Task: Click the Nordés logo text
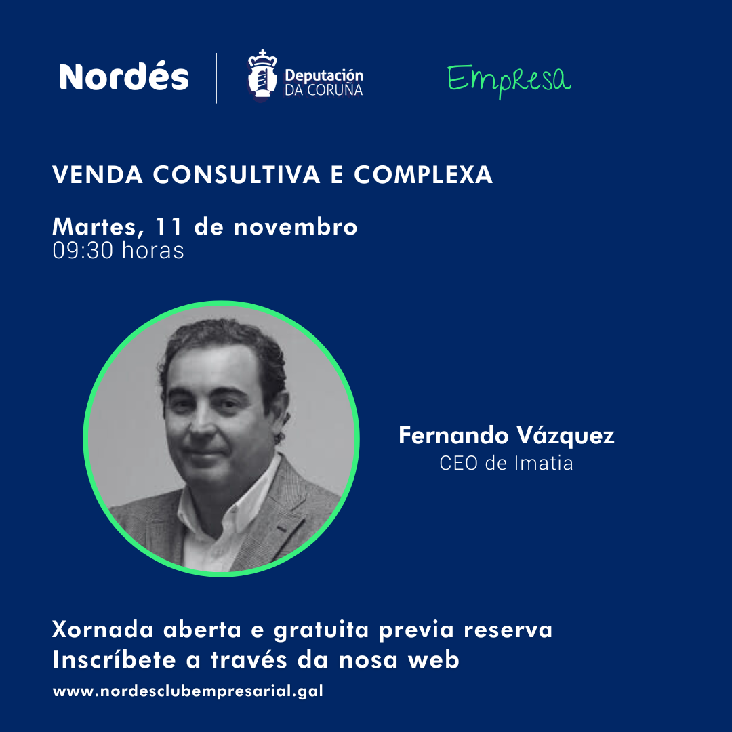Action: (x=124, y=77)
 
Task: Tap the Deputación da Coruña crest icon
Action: (x=263, y=75)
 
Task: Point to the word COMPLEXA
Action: (x=423, y=176)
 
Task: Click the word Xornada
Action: (x=104, y=630)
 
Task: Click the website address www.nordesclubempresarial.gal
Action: (x=188, y=692)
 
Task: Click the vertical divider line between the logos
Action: (x=217, y=78)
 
